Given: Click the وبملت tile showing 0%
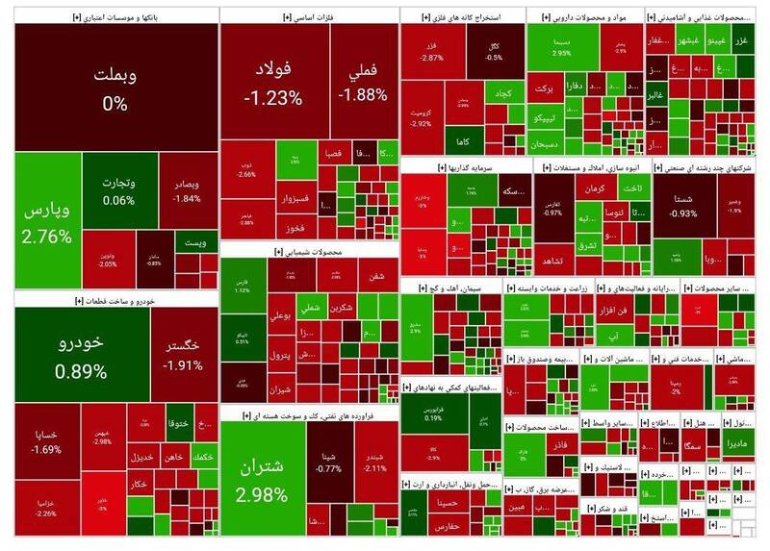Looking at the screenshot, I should pos(115,87).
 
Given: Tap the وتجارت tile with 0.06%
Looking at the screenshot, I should pos(113,190).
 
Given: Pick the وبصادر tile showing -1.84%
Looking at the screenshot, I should pos(187,189).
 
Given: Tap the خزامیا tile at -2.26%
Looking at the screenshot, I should pos(46,507).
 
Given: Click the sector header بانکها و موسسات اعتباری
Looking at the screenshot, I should pos(115,17).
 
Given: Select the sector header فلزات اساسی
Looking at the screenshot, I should pos(308,17).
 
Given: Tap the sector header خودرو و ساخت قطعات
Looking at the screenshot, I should pos(115,301).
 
